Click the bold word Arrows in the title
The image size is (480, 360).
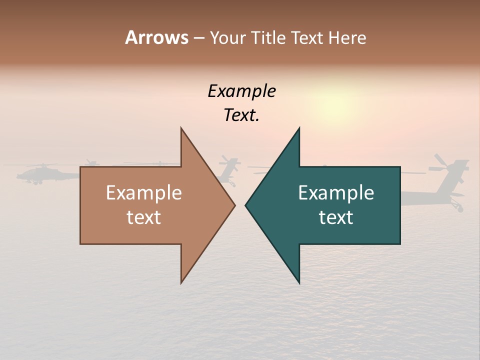click(x=156, y=37)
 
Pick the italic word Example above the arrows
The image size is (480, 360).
click(x=241, y=91)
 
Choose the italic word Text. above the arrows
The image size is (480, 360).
click(x=241, y=115)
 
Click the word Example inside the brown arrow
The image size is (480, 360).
click(x=143, y=193)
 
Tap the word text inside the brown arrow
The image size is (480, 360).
click(x=143, y=217)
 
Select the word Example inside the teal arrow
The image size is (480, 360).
click(x=336, y=193)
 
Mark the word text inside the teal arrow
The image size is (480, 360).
click(x=336, y=217)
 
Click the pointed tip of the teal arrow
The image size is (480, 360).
click(x=246, y=205)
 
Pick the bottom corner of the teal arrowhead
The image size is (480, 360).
click(x=299, y=282)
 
